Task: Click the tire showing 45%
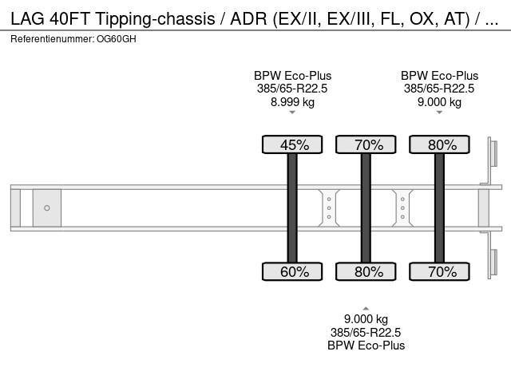[292, 144]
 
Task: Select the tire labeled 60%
[292, 271]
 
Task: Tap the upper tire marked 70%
[366, 144]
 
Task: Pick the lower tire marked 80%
[366, 271]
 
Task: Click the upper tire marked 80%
[439, 144]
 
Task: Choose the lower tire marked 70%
[439, 271]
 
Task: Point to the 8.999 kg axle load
[292, 102]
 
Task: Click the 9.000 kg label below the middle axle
[366, 319]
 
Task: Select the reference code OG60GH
[117, 39]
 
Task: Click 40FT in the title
[69, 18]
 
